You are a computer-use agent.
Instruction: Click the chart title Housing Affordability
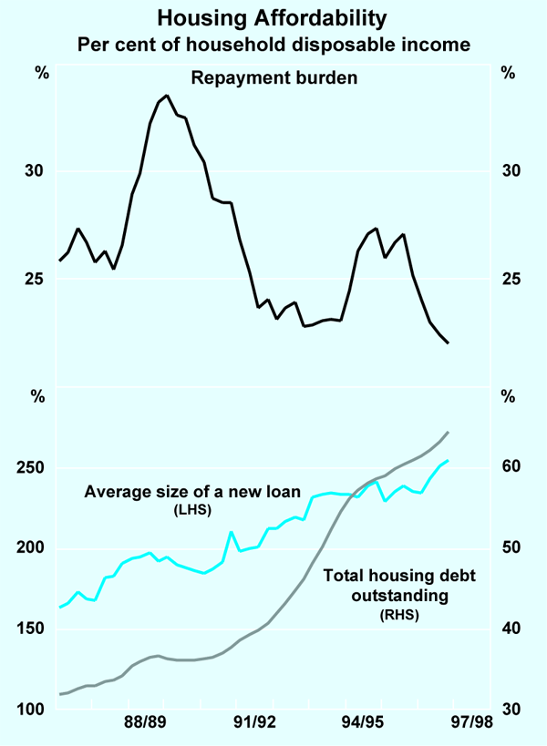(x=273, y=17)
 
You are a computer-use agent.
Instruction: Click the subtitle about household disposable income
(x=273, y=43)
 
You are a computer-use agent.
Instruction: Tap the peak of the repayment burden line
(x=167, y=95)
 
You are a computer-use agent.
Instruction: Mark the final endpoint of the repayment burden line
(x=448, y=342)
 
